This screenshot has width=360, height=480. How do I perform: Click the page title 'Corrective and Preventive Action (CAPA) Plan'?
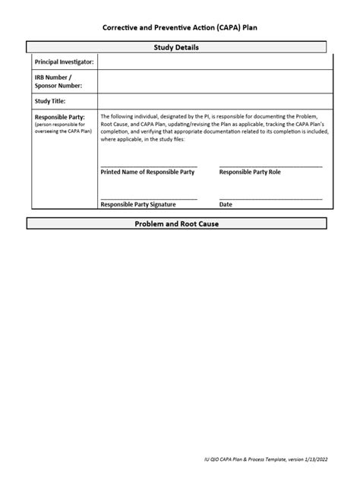[x=180, y=26]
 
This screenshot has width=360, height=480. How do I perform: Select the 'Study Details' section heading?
[x=177, y=47]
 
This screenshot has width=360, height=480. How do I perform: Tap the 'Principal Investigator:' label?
[x=65, y=62]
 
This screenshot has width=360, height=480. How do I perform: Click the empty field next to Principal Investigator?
[x=215, y=62]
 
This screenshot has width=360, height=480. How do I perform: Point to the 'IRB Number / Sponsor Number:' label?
[x=55, y=81]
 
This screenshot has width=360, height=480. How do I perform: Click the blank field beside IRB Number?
[x=215, y=81]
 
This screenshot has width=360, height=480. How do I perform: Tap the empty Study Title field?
[x=215, y=101]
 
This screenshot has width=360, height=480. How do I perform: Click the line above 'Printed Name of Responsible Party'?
[x=148, y=166]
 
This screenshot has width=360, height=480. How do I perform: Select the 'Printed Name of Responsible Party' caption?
[x=147, y=172]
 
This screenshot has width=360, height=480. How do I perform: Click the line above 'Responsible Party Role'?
[x=270, y=166]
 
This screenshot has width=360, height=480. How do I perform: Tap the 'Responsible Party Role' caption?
[x=250, y=172]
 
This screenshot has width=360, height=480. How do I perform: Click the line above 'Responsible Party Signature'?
[x=148, y=199]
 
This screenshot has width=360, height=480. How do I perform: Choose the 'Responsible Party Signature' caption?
[x=138, y=205]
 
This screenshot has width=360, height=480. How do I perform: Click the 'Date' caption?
[x=226, y=205]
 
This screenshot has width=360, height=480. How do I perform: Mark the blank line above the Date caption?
[x=270, y=199]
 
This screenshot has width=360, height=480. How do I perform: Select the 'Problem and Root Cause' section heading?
[x=177, y=224]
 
